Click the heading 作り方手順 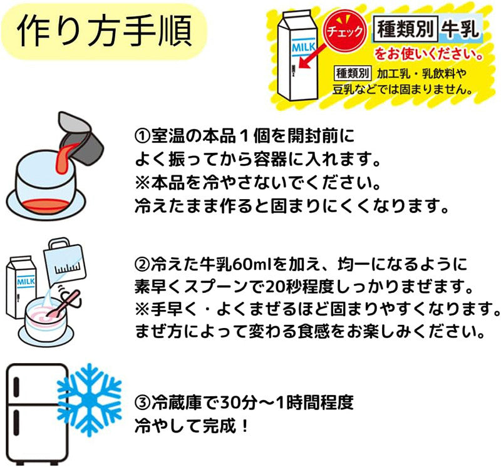point(104,31)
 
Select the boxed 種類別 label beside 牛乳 point(405,29)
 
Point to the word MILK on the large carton point(304,48)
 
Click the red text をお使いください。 point(428,54)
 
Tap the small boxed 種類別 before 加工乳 point(352,73)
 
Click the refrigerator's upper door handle point(17,387)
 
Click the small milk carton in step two point(21,287)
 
